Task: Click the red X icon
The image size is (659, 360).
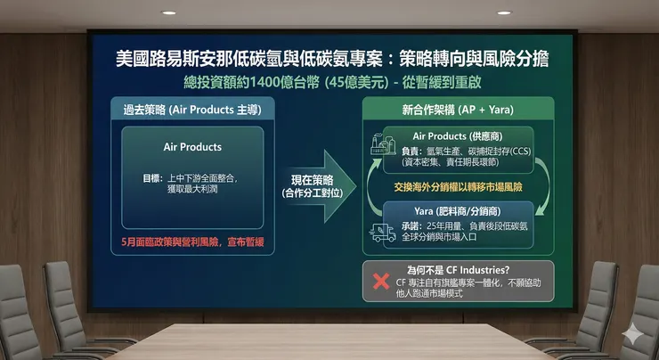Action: pyautogui.click(x=381, y=282)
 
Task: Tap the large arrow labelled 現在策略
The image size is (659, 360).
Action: pyautogui.click(x=317, y=187)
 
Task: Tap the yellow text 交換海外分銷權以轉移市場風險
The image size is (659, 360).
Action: pyautogui.click(x=459, y=190)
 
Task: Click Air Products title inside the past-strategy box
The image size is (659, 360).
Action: pyautogui.click(x=192, y=146)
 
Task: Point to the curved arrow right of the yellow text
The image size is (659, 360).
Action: pyautogui.click(x=542, y=188)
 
